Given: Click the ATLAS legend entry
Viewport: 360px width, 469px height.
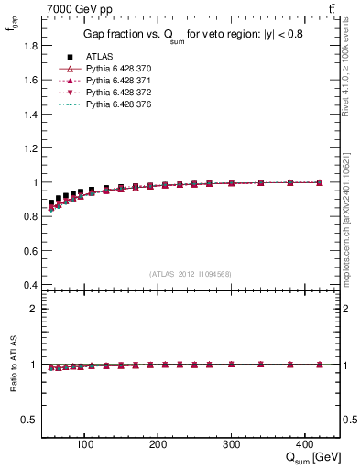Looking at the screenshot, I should (97, 56).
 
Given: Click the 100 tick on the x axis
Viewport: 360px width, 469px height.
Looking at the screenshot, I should (85, 442).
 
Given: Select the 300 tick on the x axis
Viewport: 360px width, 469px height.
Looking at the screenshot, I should (232, 442).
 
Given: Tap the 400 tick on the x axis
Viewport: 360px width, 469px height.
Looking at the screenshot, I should (305, 442).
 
